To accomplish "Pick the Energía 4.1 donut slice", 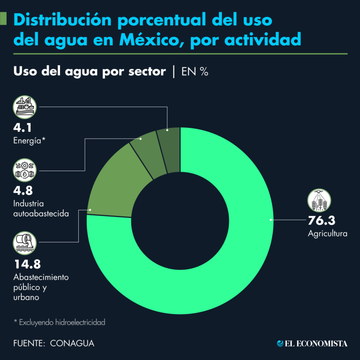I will pyautogui.click(x=169, y=148).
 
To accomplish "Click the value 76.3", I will pyautogui.click(x=322, y=220).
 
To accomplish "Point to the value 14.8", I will pyautogui.click(x=27, y=264).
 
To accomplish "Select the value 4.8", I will pyautogui.click(x=23, y=190).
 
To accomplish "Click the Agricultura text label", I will pyautogui.click(x=327, y=233).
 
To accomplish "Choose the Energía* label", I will pyautogui.click(x=30, y=140).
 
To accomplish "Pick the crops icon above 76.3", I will pyautogui.click(x=319, y=201).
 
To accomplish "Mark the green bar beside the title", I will pyautogui.click(x=4, y=19).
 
